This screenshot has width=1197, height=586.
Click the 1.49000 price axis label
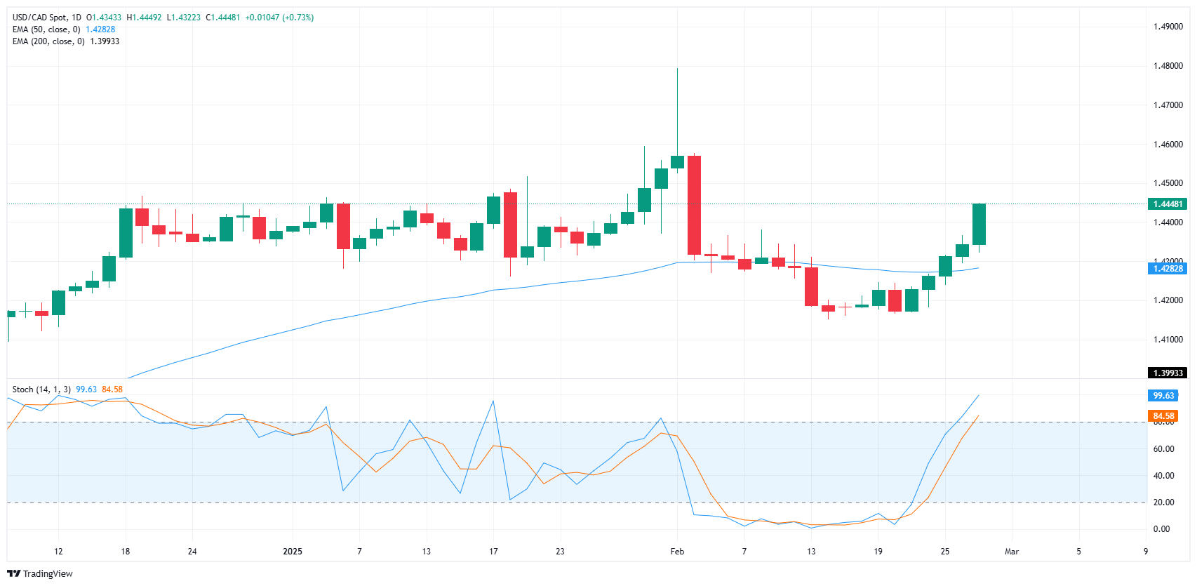(x=1168, y=27)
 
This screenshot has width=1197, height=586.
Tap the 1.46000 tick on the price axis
(x=1168, y=145)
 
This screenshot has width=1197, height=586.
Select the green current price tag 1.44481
(x=1167, y=204)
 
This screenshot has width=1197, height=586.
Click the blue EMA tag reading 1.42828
(x=1167, y=269)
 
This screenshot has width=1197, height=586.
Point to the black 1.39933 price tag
(x=1167, y=373)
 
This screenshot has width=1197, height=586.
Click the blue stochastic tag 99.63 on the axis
(x=1163, y=396)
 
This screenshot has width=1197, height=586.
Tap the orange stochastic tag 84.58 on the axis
(x=1163, y=416)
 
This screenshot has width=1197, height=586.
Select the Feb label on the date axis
(x=677, y=552)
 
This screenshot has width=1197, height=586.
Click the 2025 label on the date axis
(x=293, y=552)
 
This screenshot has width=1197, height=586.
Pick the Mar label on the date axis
(x=1011, y=552)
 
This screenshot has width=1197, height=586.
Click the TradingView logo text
(x=47, y=574)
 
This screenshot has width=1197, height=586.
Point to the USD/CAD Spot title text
(x=46, y=18)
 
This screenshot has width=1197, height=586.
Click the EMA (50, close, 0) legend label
(x=46, y=29)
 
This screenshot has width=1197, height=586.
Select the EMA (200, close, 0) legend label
(x=48, y=41)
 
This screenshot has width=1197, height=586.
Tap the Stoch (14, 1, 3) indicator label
(x=41, y=389)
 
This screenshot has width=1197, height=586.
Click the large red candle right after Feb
(x=694, y=205)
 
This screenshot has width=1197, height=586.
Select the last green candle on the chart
(x=979, y=224)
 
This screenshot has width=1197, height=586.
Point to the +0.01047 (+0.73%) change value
(x=279, y=18)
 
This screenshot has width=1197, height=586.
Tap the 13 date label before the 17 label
(x=427, y=552)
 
